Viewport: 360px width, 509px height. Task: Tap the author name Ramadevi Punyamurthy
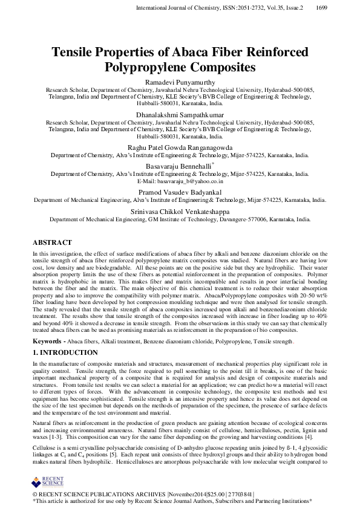coord(180,82)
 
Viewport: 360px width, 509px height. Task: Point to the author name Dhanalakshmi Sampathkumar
coord(180,113)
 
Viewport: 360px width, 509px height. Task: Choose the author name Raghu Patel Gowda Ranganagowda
coord(180,146)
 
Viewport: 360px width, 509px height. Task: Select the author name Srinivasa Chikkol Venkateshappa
coord(180,212)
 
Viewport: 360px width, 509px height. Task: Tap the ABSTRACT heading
coord(52,242)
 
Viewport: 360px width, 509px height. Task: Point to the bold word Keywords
coord(47,342)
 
